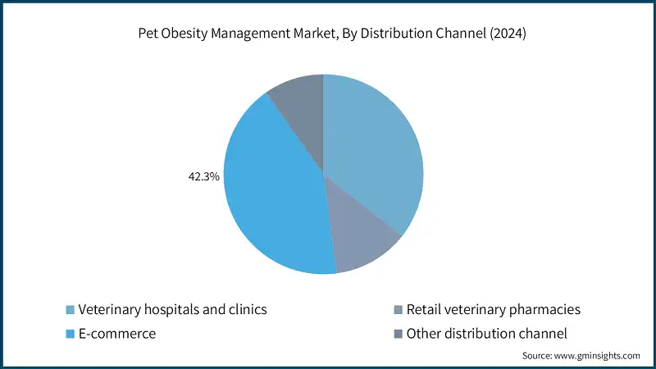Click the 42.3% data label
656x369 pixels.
(203, 175)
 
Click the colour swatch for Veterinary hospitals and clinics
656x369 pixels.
(71, 310)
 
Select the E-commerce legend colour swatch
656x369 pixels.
(71, 334)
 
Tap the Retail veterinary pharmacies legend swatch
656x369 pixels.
(399, 310)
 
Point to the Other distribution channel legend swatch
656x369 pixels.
(399, 334)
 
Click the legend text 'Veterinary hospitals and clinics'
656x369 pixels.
(172, 309)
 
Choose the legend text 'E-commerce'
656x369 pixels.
(117, 334)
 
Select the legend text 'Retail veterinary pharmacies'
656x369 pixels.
(493, 309)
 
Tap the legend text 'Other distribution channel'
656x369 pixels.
(487, 334)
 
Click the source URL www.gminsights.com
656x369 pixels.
(598, 356)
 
